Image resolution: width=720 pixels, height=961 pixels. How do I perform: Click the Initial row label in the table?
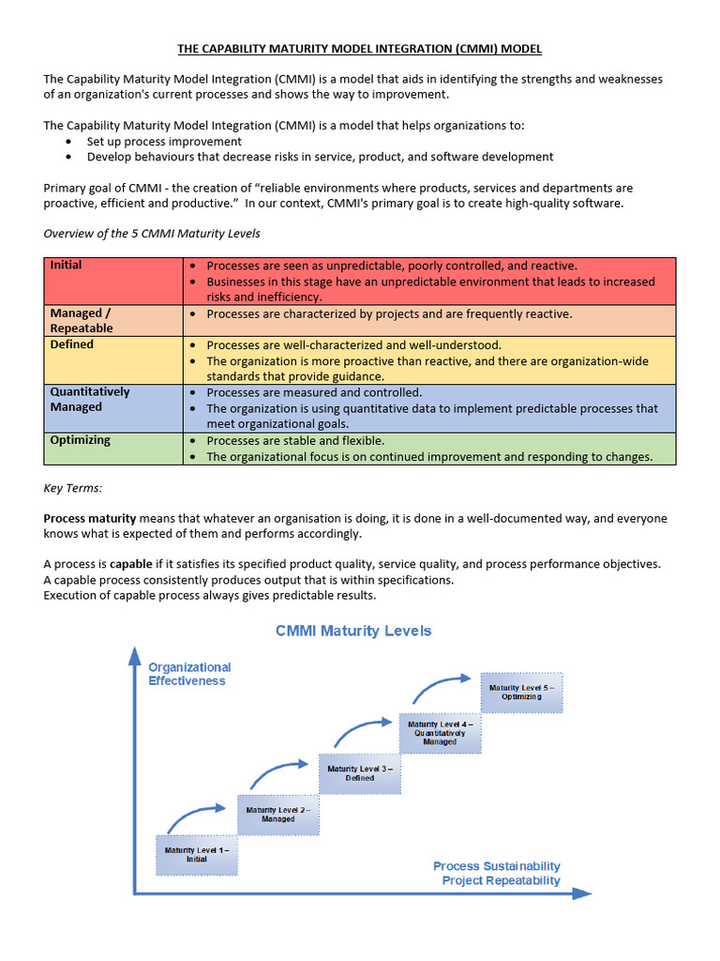pyautogui.click(x=66, y=266)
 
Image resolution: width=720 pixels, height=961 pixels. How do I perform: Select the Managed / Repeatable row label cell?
pyautogui.click(x=82, y=320)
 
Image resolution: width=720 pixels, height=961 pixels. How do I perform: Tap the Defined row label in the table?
pyautogui.click(x=72, y=344)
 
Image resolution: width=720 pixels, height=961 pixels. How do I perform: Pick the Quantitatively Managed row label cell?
pyautogui.click(x=90, y=399)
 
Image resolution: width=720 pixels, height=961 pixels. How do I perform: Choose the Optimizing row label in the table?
pyautogui.click(x=80, y=440)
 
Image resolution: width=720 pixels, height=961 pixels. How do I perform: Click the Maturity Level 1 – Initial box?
pyautogui.click(x=196, y=854)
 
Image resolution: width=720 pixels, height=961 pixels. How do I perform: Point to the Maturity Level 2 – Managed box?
pyautogui.click(x=277, y=814)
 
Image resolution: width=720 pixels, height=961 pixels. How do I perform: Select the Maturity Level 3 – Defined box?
pyautogui.click(x=359, y=772)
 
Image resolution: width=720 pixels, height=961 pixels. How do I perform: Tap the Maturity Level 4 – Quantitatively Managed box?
pyautogui.click(x=440, y=733)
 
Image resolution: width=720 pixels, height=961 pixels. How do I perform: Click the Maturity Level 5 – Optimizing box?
pyautogui.click(x=521, y=692)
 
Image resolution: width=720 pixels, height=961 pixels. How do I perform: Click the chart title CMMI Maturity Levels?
pyautogui.click(x=353, y=631)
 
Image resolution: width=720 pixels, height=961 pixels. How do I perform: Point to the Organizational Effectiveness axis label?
pyautogui.click(x=189, y=674)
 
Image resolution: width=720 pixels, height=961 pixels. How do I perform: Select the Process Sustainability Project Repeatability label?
pyautogui.click(x=497, y=873)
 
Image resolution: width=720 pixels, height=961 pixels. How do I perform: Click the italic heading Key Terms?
pyautogui.click(x=73, y=488)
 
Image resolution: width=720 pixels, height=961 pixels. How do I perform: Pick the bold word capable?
pyautogui.click(x=130, y=564)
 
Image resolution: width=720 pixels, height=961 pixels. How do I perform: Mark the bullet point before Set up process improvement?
pyautogui.click(x=70, y=142)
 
